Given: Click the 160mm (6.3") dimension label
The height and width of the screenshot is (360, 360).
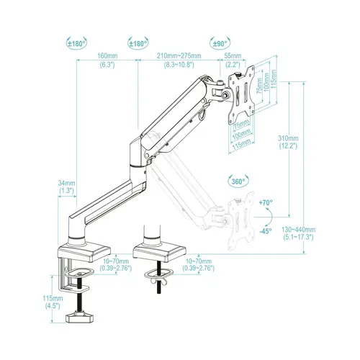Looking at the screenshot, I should click(108, 60).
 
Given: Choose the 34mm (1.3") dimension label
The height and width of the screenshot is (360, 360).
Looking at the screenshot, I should click(66, 186).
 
